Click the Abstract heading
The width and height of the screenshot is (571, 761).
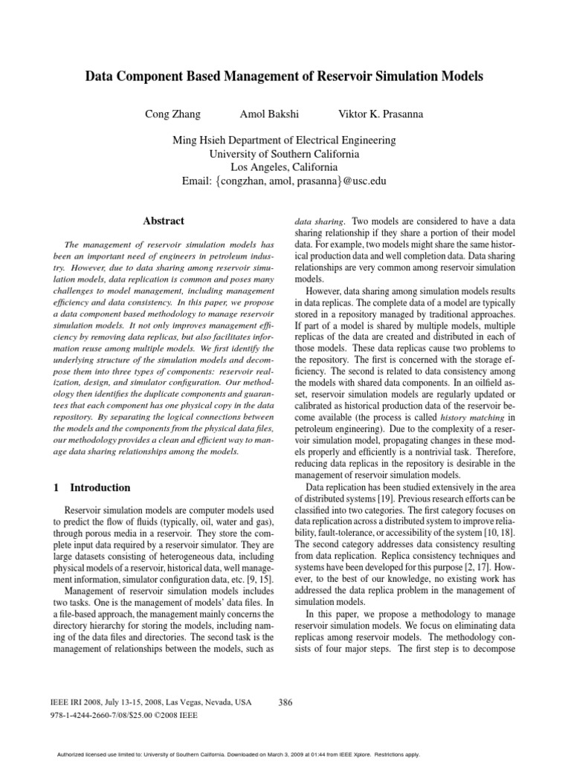(164, 221)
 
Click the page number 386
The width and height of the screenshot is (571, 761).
(285, 702)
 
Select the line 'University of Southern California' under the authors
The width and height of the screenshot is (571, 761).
(285, 154)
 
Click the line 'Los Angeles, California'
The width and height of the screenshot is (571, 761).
(285, 167)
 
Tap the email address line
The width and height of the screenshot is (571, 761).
(285, 181)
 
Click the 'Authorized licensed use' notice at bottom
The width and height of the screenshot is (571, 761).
(285, 751)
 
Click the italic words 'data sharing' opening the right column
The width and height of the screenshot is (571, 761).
(320, 221)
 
